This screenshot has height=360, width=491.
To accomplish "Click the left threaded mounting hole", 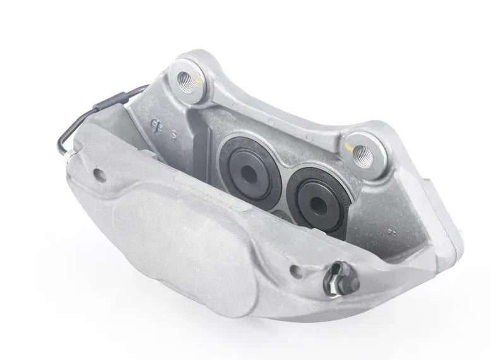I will point(189,79).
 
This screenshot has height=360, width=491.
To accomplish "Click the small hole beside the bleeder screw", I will point(296,271).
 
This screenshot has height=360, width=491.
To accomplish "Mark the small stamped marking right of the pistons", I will point(393,231).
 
